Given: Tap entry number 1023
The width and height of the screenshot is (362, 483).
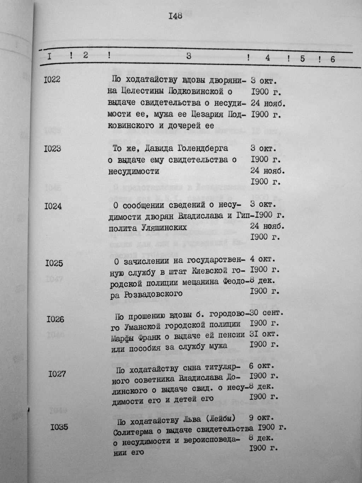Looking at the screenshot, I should point(52,148).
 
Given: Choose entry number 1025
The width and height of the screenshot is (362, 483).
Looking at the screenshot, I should point(54,263).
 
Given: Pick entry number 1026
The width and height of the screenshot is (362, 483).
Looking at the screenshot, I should point(55,319).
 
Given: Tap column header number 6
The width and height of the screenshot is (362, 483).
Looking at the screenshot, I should point(332,59).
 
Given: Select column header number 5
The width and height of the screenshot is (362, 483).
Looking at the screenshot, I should point(302,59).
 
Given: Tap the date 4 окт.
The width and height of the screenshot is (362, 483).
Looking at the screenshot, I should point(263,259).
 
